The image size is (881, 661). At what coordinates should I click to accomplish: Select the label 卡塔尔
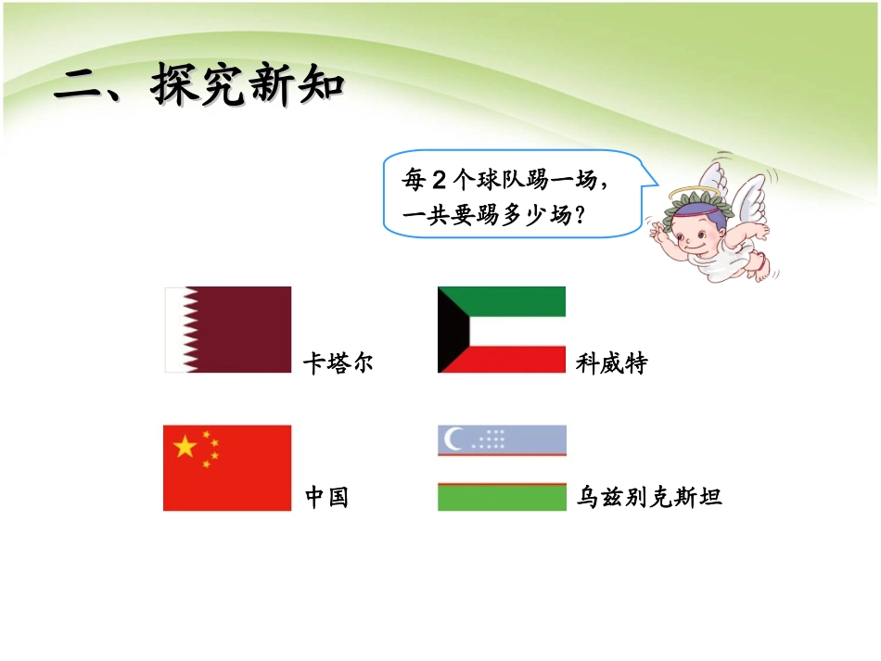coord(338,363)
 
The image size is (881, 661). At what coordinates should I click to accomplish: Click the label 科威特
coord(611,363)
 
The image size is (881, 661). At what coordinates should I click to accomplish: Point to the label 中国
coord(326,498)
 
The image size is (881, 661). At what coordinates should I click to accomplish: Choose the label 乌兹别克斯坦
coord(648,498)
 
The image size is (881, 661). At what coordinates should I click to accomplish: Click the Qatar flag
coord(228,329)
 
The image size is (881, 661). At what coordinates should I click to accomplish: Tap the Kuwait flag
coord(502,329)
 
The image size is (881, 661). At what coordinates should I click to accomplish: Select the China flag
coord(227,467)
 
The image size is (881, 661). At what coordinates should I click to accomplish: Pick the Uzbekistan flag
coord(502,467)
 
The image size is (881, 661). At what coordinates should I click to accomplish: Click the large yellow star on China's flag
coord(185,447)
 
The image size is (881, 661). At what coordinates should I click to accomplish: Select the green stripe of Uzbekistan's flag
coord(502,498)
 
